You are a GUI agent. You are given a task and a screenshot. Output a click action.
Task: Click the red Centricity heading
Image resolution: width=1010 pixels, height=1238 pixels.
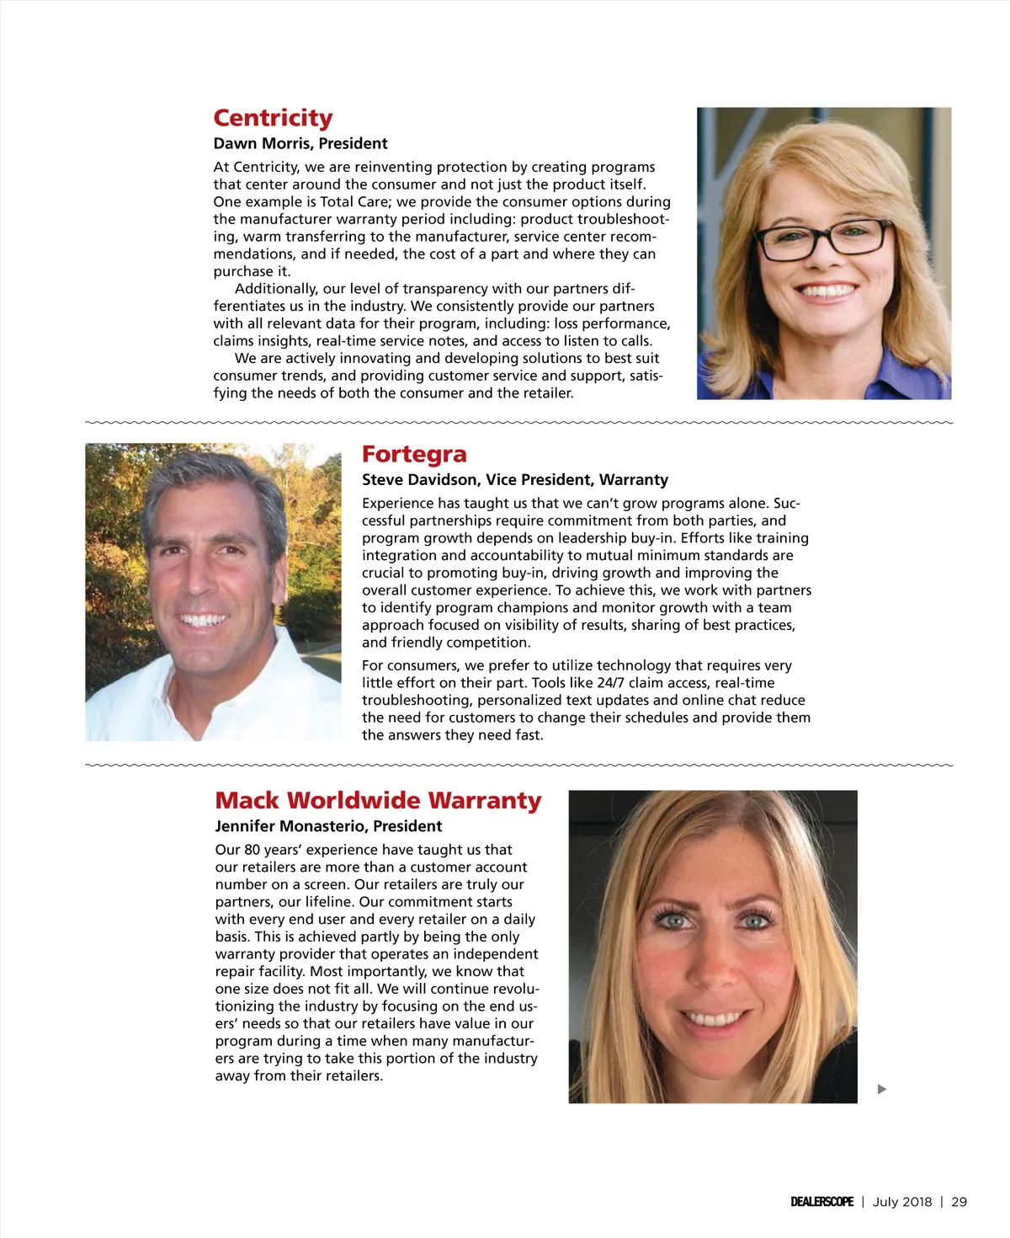(273, 118)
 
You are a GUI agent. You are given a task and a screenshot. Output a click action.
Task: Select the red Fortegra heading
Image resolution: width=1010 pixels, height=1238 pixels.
(414, 454)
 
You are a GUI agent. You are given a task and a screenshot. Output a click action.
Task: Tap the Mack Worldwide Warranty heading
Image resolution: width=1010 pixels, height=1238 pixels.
(378, 800)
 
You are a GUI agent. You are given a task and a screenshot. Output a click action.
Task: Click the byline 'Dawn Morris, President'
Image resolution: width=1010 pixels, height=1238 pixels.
(300, 144)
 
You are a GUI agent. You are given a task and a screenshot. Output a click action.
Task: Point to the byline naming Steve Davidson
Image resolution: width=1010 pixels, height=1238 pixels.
(515, 480)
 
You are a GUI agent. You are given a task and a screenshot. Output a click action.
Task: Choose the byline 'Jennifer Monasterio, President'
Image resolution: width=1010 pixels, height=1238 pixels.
(328, 826)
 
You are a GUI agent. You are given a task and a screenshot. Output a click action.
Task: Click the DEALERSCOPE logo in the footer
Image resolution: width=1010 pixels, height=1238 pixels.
(821, 1202)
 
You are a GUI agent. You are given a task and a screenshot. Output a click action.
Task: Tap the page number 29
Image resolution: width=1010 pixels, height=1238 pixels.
(959, 1202)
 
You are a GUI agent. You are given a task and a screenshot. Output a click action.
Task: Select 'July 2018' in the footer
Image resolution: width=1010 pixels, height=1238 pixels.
(902, 1202)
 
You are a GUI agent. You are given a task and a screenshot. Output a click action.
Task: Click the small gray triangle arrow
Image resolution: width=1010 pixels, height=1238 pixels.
(881, 1089)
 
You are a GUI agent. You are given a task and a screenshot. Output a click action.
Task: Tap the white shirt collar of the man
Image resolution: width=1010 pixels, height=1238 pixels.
(252, 674)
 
